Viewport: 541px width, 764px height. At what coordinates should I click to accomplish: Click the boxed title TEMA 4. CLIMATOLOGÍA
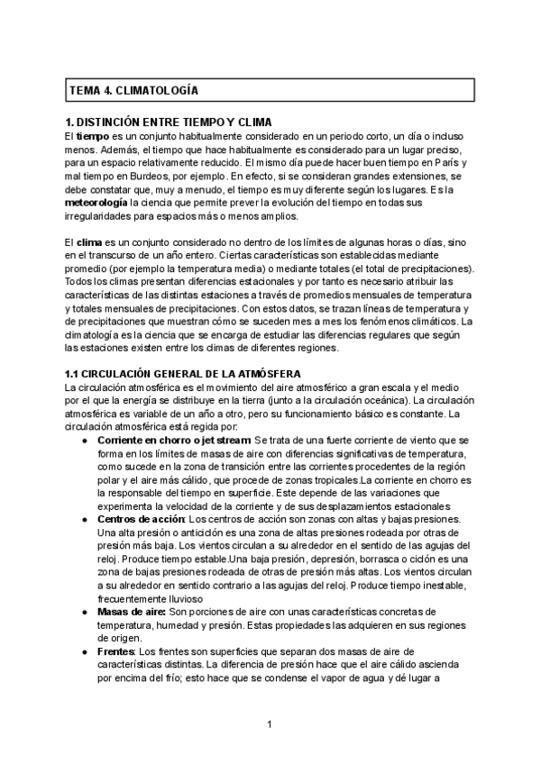(134, 91)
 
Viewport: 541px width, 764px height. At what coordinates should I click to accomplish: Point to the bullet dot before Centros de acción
(84, 520)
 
